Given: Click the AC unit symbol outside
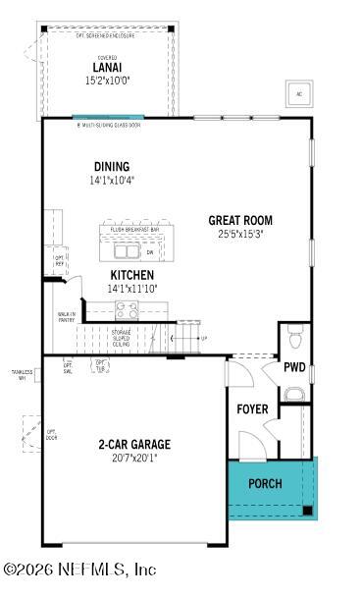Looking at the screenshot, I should point(298,94).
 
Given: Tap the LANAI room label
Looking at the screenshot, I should point(109,68).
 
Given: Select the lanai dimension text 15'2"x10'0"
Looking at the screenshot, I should point(109,81).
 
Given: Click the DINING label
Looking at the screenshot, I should point(111,167).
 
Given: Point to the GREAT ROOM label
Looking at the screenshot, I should point(240,220).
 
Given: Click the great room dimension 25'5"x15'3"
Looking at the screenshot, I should point(240,234).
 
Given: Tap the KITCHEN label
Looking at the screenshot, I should point(129,275).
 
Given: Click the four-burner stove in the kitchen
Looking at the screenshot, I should point(128,311).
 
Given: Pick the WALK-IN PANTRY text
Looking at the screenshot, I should point(67,317).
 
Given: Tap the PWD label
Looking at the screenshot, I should point(294,368).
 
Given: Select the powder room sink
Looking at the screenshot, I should point(293,394).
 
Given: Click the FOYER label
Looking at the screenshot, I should point(252,408).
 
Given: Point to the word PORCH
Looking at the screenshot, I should point(264,483).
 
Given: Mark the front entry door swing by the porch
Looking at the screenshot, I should point(251,447).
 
